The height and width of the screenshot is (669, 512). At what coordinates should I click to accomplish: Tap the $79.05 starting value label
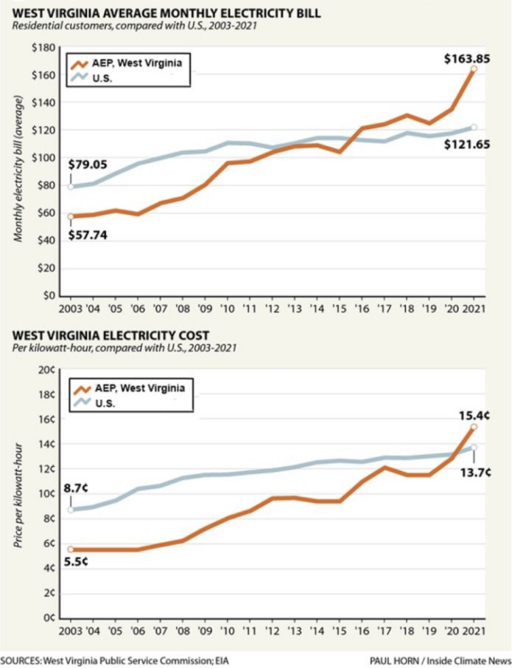coord(87,165)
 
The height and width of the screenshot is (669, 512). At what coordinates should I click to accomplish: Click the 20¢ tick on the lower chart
coord(48,370)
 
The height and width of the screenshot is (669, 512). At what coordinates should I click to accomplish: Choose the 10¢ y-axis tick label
coord(48,493)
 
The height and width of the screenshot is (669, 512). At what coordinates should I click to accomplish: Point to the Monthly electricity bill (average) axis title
coord(19,168)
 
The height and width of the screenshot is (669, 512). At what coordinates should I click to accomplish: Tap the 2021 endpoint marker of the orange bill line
coord(473,69)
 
